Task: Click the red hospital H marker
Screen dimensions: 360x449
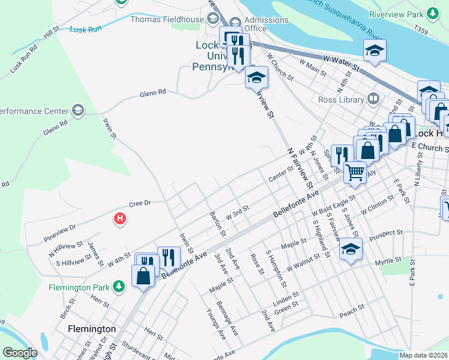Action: (x=120, y=220)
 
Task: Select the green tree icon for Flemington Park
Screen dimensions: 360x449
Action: (x=120, y=286)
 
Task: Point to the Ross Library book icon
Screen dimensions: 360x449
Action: (x=373, y=98)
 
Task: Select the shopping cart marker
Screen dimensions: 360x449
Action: (x=355, y=172)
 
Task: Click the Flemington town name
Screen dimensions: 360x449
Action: (x=92, y=329)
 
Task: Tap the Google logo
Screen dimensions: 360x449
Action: (x=20, y=352)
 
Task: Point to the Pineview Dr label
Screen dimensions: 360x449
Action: (x=60, y=228)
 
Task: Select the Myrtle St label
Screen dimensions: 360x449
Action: (x=388, y=260)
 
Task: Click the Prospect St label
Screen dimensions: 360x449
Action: (x=386, y=233)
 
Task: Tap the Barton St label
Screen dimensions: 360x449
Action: (x=217, y=223)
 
